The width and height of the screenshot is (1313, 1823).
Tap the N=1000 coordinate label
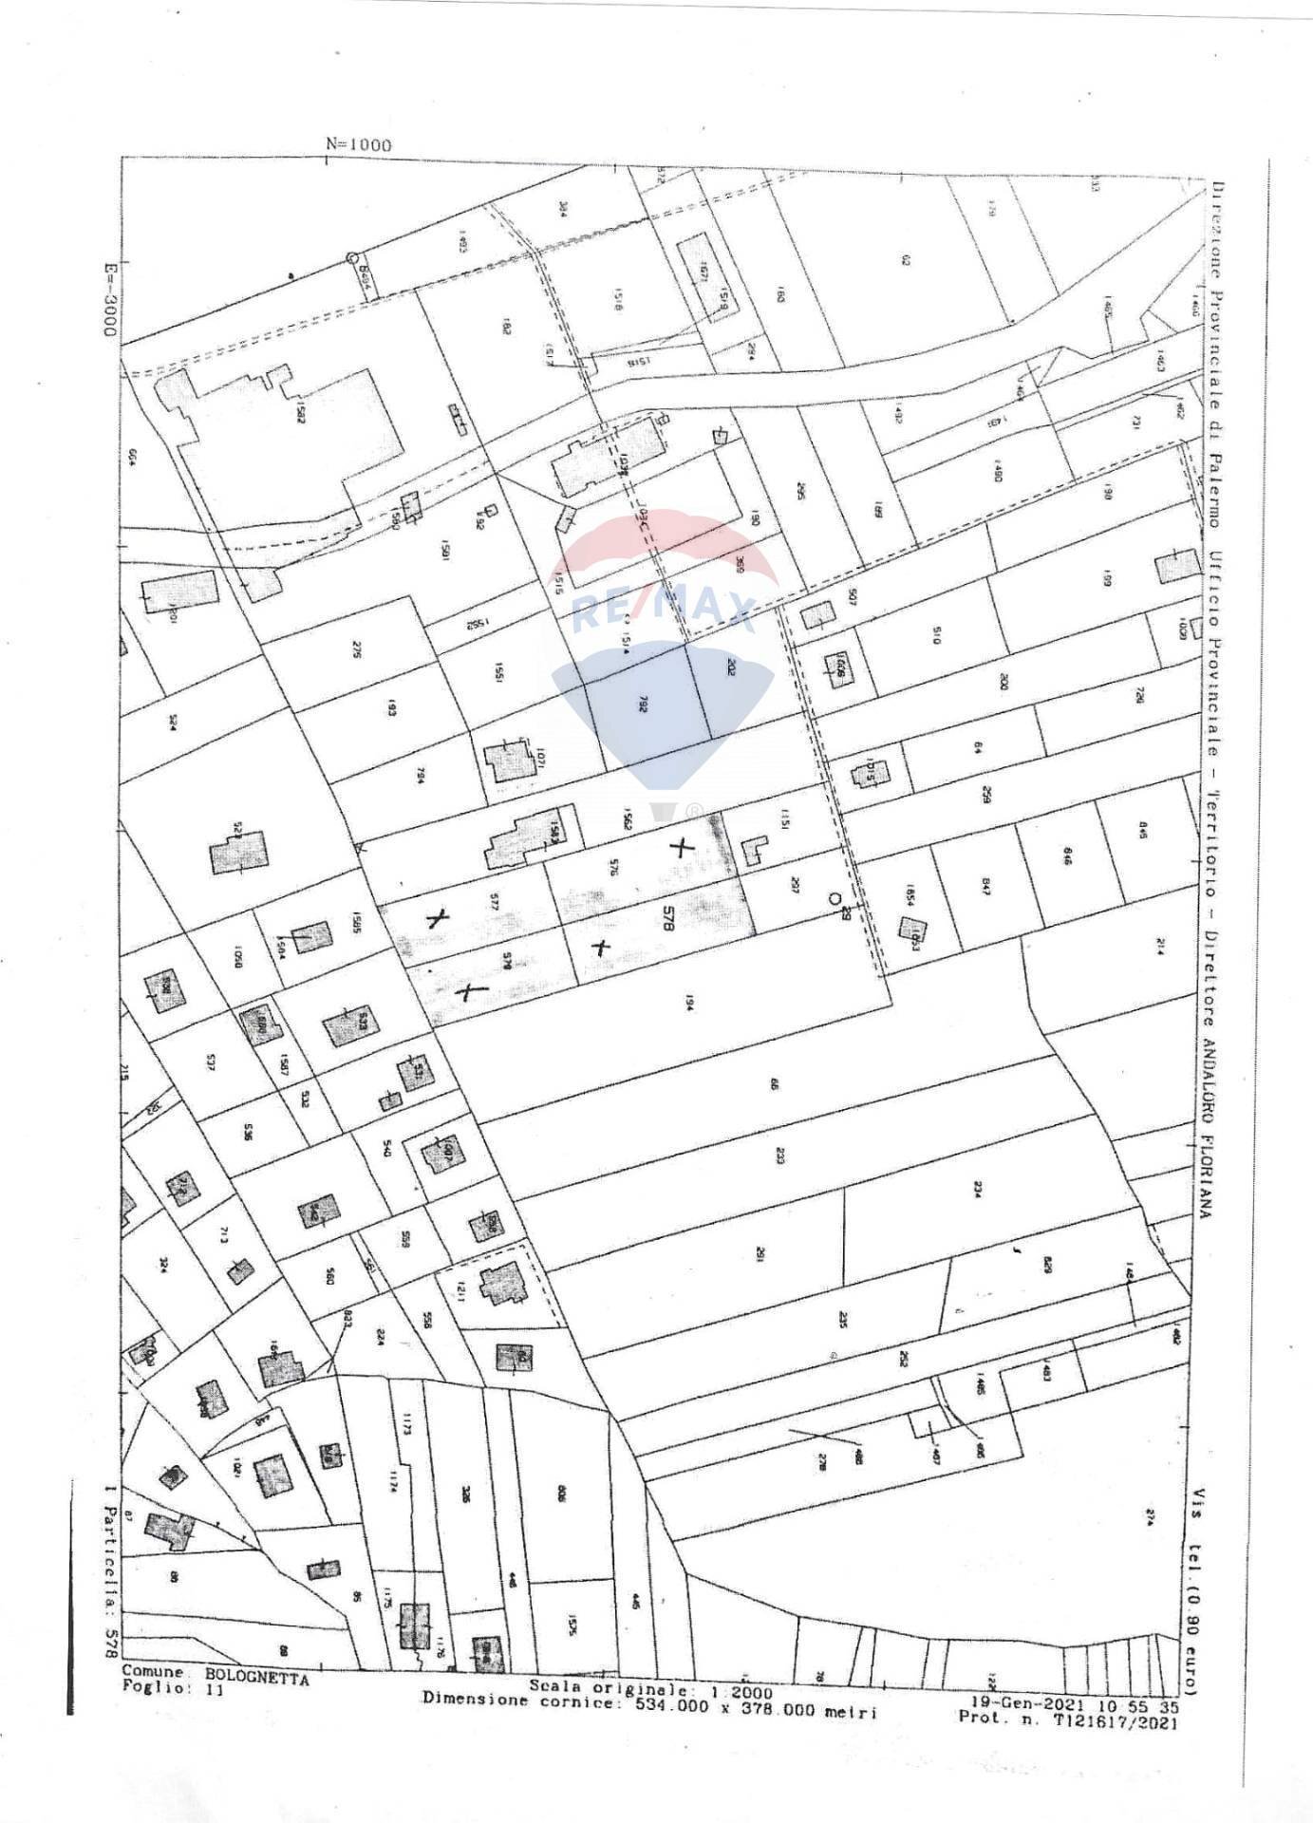(358, 144)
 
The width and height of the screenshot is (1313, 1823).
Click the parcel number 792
(643, 705)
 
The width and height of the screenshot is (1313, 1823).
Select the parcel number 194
(685, 1004)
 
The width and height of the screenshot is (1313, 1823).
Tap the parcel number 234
(975, 1191)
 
